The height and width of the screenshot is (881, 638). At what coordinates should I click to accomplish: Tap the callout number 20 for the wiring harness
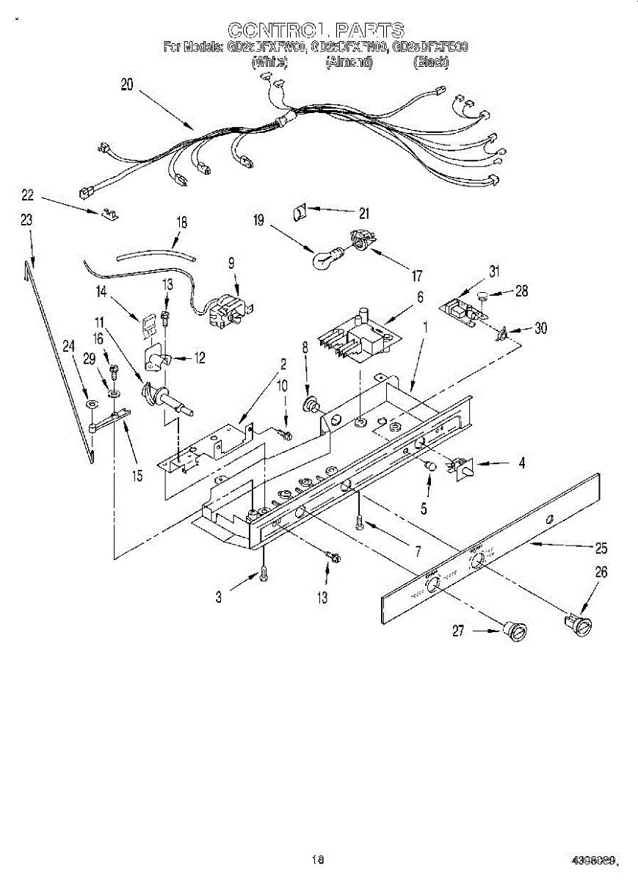coord(127,84)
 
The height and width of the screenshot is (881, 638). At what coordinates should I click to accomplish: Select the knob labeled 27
coord(517,631)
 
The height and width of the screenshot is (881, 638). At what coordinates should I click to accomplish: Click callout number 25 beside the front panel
coord(601,548)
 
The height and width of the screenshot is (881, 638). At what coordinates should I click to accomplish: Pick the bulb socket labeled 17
coord(360,239)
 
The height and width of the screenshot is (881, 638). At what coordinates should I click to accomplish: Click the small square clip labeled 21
coord(300,211)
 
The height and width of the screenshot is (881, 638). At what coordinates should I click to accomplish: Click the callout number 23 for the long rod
coord(26,220)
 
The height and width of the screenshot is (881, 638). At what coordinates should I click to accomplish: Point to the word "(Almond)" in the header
coord(349,62)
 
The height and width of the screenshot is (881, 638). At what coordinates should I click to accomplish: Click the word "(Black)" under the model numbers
coord(430,62)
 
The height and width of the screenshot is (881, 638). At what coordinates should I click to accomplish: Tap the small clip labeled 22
coord(110,214)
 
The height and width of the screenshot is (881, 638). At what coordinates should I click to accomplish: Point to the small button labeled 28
coord(481,296)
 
